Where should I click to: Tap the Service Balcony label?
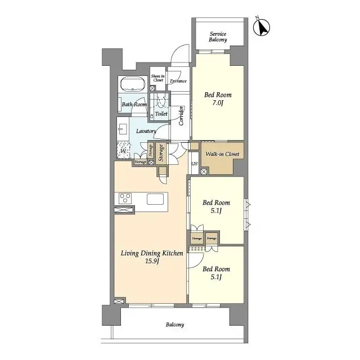click(x=218, y=37)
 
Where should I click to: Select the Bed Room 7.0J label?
click(x=217, y=99)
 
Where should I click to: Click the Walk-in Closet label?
click(x=222, y=154)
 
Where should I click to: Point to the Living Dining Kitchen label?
click(x=152, y=258)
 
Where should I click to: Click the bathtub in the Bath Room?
click(x=133, y=85)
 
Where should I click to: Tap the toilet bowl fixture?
click(x=161, y=101)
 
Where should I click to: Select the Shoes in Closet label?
click(x=157, y=78)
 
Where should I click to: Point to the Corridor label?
click(x=182, y=116)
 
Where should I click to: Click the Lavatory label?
click(x=146, y=131)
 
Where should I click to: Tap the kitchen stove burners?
click(x=125, y=199)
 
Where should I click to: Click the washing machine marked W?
click(x=124, y=150)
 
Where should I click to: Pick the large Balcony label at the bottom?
click(x=174, y=325)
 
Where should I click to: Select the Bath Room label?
click(x=134, y=105)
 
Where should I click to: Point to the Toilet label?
click(x=161, y=114)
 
